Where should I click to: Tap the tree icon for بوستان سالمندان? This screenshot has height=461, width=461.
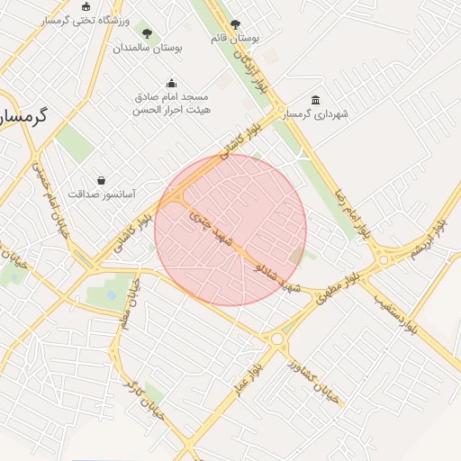[148, 34]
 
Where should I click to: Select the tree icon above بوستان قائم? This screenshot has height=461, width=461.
[236, 25]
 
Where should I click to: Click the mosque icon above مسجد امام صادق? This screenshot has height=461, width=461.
[172, 84]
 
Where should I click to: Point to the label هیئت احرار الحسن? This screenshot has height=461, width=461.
[171, 110]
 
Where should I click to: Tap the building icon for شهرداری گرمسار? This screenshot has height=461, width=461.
[315, 100]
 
